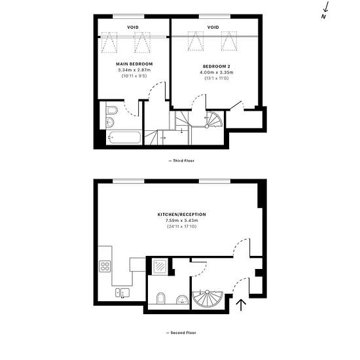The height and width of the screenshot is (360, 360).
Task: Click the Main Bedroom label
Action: pos(134,64)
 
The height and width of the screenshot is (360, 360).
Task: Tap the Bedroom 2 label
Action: pos(217,66)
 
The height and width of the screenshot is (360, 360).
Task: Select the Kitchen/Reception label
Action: pos(181,215)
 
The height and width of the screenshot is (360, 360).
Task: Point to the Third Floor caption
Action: pos(181,161)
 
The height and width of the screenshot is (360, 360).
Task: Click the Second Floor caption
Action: pos(181,333)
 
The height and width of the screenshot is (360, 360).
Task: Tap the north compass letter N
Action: pos(324,16)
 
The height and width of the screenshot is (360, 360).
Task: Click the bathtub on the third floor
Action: pos(124,137)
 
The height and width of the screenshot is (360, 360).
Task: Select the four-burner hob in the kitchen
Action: pos(105,266)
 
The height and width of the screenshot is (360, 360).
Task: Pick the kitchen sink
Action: pos(122,293)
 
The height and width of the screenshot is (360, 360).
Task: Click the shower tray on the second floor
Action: pos(160,266)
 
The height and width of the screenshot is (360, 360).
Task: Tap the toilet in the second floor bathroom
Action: pos(161,298)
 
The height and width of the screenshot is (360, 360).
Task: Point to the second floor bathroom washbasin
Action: pos(183,299)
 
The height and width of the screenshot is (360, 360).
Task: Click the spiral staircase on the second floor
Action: pos(207,299)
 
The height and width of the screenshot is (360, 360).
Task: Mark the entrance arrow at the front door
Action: pos(241,305)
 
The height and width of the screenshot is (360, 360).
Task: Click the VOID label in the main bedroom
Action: pos(133,27)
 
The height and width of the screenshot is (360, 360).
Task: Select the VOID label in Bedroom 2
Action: pos(213,27)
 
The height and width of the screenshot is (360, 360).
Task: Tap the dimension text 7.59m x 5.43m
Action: pos(181,221)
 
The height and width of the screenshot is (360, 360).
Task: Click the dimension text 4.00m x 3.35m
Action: pos(217,72)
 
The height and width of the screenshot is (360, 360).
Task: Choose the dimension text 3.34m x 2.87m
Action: pos(134,70)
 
